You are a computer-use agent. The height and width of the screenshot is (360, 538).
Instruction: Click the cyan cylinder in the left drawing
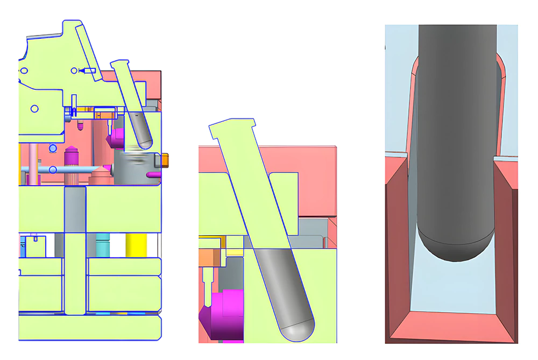pos(103,245)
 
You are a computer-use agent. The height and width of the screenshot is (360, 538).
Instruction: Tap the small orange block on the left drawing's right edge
pos(165,159)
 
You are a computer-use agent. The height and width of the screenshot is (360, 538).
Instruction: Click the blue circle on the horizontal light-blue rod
pos(53,170)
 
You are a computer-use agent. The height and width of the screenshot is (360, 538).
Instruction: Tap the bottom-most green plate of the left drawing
pos(89,328)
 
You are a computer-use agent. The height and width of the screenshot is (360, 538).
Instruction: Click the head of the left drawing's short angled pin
pos(120,63)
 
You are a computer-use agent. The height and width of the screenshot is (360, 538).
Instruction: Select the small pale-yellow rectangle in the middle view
pos(234,251)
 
